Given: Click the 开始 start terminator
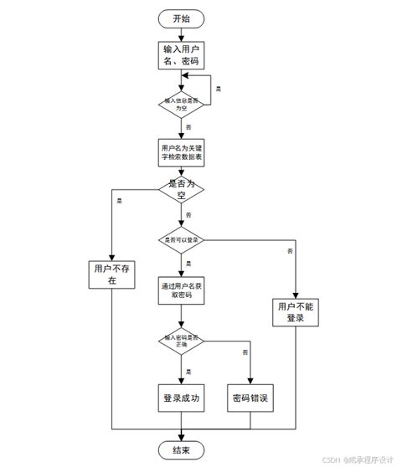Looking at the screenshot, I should pos(180,18).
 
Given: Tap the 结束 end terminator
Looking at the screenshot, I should pos(180,451).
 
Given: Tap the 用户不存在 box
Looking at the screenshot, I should pos(111,275).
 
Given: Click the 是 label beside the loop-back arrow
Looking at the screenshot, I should pos(219,88).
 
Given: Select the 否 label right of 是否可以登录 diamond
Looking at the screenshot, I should pos(290,251).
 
